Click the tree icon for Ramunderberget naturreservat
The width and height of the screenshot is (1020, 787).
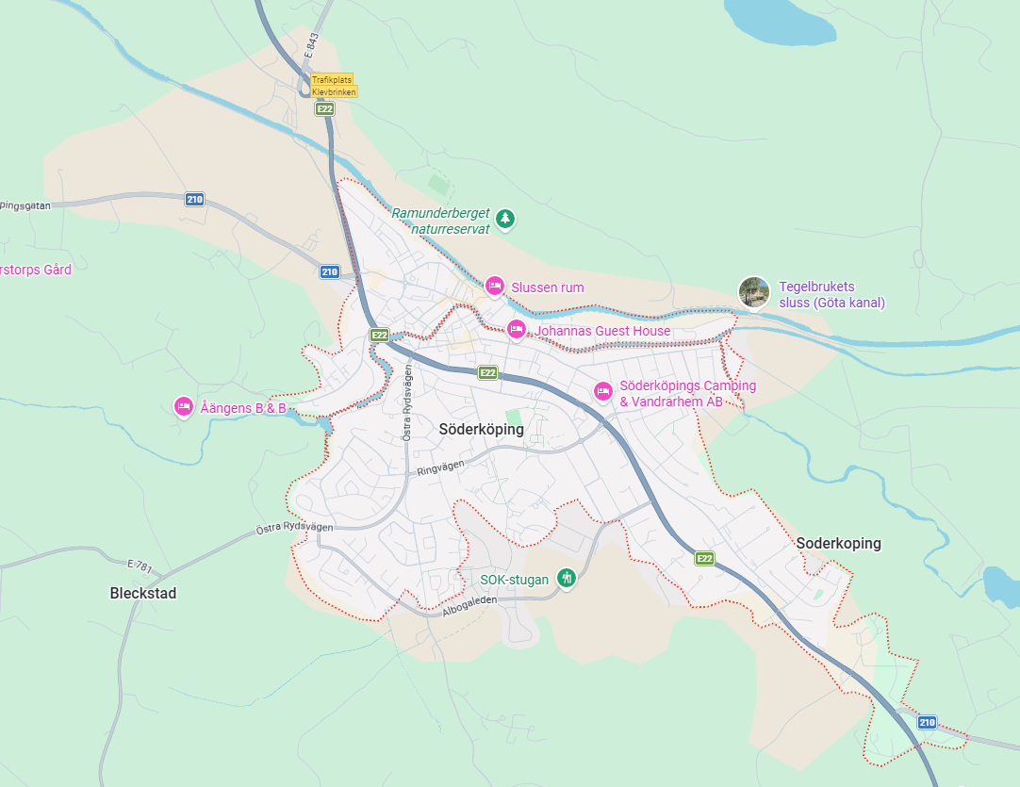506,220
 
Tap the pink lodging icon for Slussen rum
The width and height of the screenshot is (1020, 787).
494,286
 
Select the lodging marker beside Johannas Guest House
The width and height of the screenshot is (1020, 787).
516,329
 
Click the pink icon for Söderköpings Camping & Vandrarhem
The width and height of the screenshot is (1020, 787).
603,391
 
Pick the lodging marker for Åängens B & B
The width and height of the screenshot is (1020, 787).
184,406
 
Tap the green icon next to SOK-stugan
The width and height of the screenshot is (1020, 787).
566,578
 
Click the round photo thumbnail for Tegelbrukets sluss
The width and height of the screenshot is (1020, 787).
753,292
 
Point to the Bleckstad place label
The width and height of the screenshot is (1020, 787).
143,594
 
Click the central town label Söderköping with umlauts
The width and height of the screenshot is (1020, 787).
481,430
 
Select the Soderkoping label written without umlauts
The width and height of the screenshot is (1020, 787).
838,544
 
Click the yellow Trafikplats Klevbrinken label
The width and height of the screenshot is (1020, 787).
334,87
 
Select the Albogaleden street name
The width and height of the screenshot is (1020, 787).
469,606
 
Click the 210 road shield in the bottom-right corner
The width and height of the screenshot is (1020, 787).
927,722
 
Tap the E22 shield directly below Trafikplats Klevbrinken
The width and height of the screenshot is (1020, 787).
324,109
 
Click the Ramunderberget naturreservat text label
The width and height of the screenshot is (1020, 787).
441,220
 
